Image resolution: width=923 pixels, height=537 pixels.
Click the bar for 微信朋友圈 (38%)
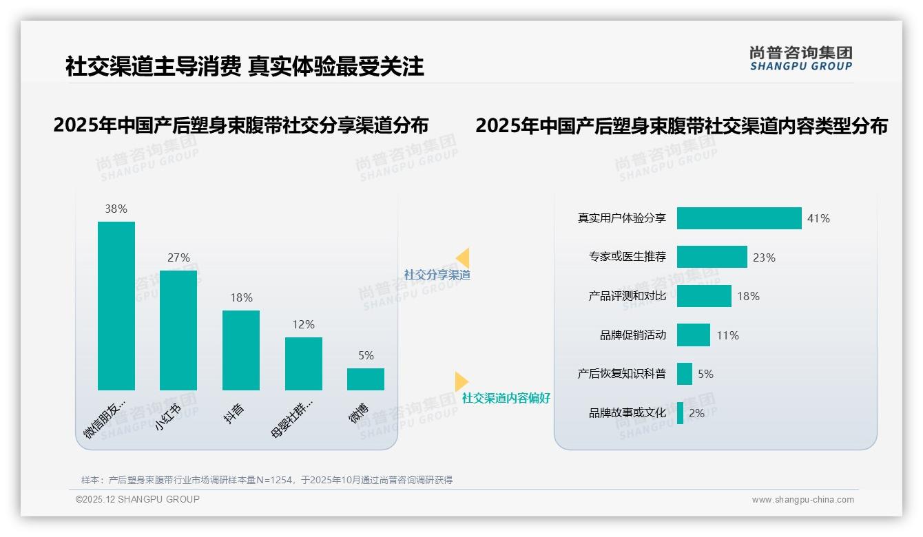click(x=116, y=306)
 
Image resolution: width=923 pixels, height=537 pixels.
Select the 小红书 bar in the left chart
click(x=178, y=330)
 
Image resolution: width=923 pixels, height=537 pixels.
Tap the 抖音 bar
click(x=241, y=350)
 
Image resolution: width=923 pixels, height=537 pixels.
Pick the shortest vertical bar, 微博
click(x=366, y=379)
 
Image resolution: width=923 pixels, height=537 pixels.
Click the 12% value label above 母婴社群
click(x=303, y=324)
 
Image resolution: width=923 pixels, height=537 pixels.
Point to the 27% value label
click(x=178, y=257)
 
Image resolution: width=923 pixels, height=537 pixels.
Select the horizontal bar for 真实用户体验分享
click(x=739, y=218)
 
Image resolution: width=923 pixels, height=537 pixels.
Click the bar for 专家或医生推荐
click(x=712, y=257)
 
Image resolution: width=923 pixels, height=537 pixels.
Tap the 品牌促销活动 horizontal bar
click(x=693, y=335)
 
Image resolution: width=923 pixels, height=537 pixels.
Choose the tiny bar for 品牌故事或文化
click(x=680, y=413)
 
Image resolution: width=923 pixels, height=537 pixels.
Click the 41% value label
click(x=818, y=218)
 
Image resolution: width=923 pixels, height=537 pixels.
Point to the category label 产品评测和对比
click(x=627, y=296)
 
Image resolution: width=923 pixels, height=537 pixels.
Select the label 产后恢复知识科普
click(x=621, y=374)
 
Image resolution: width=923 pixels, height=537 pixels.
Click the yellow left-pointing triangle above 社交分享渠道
click(x=463, y=258)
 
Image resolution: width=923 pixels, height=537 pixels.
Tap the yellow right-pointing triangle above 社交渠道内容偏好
click(x=461, y=381)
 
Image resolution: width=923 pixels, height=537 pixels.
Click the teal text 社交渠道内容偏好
click(x=506, y=398)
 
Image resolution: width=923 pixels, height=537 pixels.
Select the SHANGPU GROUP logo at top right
click(x=801, y=59)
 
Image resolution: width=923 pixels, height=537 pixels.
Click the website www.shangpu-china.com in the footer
click(x=802, y=500)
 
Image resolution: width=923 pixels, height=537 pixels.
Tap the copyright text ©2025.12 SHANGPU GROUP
click(x=138, y=499)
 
